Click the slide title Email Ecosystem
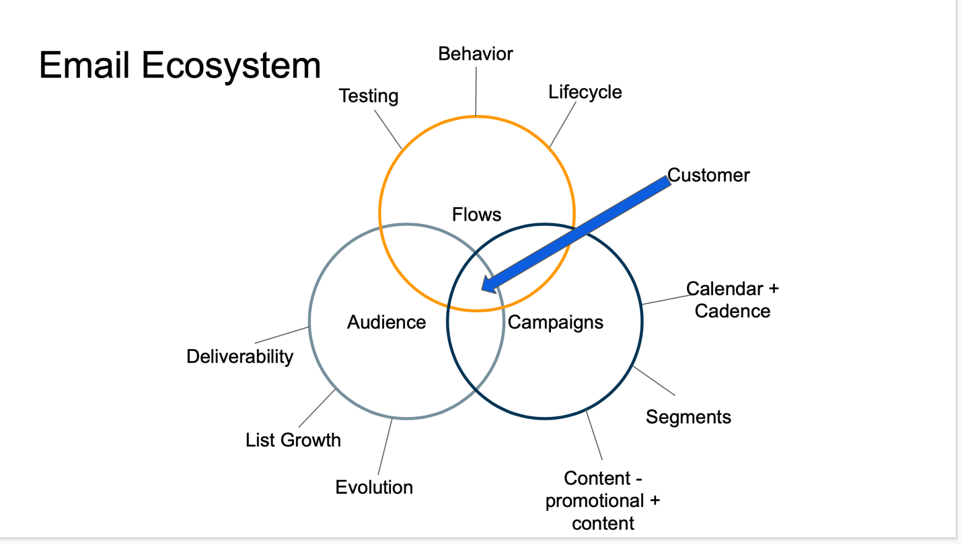[x=180, y=66]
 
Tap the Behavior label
[x=476, y=54]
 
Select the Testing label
[x=369, y=95]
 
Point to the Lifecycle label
[x=585, y=92]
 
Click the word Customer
[x=708, y=176]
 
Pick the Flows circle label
[x=476, y=215]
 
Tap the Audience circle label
[x=387, y=322]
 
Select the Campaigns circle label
[x=555, y=323]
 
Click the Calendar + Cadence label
[x=732, y=300]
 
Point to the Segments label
[x=688, y=417]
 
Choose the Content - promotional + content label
[x=603, y=501]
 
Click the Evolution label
[x=374, y=488]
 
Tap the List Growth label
[x=293, y=440]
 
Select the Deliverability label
[x=239, y=357]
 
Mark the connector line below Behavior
[x=476, y=91]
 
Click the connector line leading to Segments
[x=654, y=381]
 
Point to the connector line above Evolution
[x=385, y=446]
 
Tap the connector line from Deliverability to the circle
[x=282, y=335]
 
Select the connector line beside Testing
[x=387, y=130]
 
